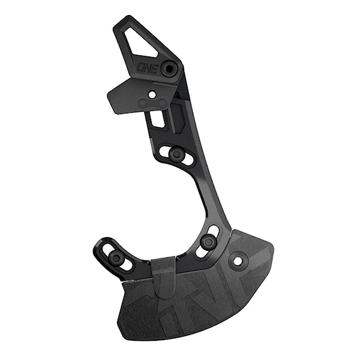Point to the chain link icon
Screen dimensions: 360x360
coord(154,103)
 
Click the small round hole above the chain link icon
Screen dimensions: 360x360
coord(152,94)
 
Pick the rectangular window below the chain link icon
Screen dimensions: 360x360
coord(158,118)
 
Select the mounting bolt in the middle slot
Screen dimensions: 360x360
coord(176,154)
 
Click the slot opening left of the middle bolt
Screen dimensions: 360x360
coord(164,151)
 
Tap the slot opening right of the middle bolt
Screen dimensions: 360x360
coord(188,159)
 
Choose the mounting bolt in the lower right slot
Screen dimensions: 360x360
coord(208,242)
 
